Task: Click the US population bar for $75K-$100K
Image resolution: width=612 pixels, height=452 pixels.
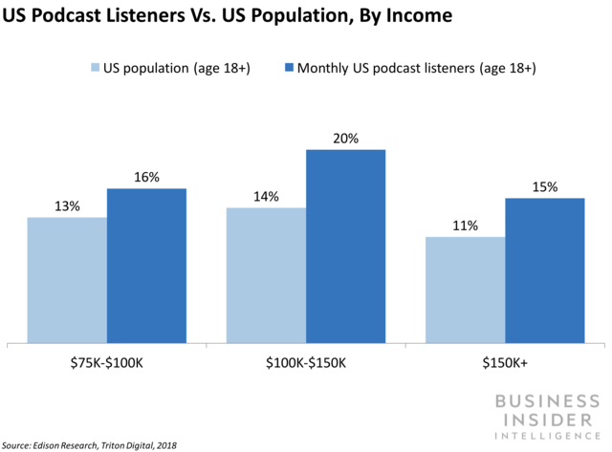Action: click(x=67, y=279)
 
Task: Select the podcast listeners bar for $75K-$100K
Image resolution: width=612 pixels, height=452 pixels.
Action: click(x=146, y=265)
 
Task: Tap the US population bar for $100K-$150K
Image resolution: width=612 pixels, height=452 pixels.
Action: click(x=266, y=274)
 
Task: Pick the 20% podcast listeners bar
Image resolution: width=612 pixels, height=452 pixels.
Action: click(x=345, y=245)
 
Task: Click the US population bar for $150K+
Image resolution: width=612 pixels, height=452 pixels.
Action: click(x=465, y=289)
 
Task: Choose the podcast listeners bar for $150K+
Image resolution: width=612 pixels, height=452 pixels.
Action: click(x=544, y=269)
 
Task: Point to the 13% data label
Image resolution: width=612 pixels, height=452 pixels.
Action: click(x=67, y=205)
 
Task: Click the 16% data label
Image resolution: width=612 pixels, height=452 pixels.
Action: click(x=146, y=177)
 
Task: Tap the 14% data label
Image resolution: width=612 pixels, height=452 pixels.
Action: click(x=266, y=196)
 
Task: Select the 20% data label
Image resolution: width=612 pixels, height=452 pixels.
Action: click(x=345, y=138)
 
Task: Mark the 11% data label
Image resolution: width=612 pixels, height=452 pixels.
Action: click(x=465, y=225)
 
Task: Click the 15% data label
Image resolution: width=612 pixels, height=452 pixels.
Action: click(x=544, y=186)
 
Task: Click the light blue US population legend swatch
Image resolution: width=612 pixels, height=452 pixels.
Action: click(x=96, y=68)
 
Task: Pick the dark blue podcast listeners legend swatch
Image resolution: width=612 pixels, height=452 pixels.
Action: click(x=288, y=68)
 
